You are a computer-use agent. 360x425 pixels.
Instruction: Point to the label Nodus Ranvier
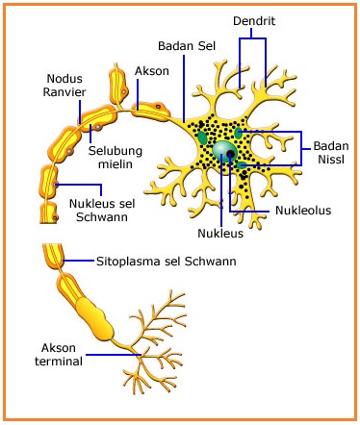(x=68, y=86)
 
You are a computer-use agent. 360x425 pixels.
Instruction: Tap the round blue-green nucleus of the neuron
(x=225, y=152)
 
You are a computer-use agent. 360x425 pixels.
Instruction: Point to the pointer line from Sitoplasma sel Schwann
(x=81, y=261)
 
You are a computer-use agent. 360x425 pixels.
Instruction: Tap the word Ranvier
(x=68, y=93)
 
